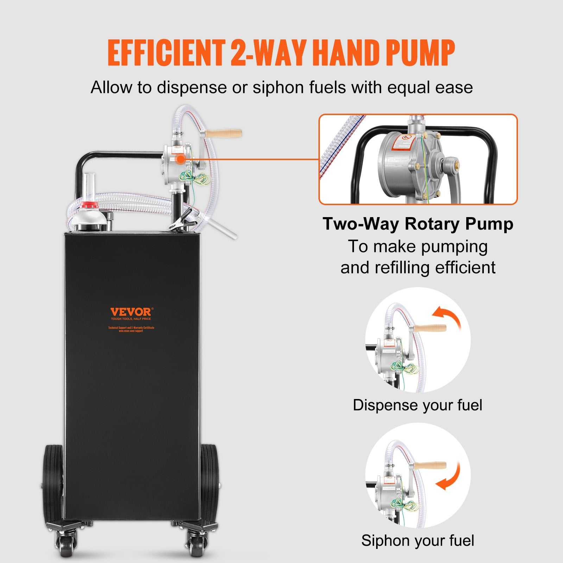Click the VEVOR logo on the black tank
[x=131, y=312]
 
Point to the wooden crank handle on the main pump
[x=223, y=134]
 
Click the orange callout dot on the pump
[x=180, y=159]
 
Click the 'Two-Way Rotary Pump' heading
[x=418, y=224]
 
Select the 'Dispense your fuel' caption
[x=417, y=405]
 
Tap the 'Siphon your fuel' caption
[x=418, y=540]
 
